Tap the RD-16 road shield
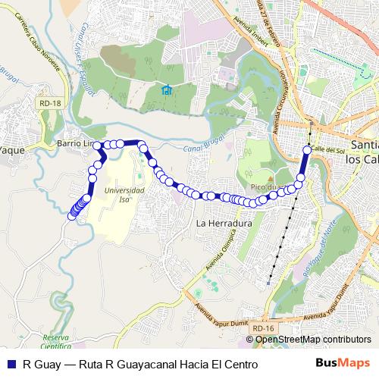click(263, 327)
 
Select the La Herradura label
click(223, 224)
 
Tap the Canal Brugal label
click(200, 145)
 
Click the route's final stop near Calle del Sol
click(307, 149)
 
